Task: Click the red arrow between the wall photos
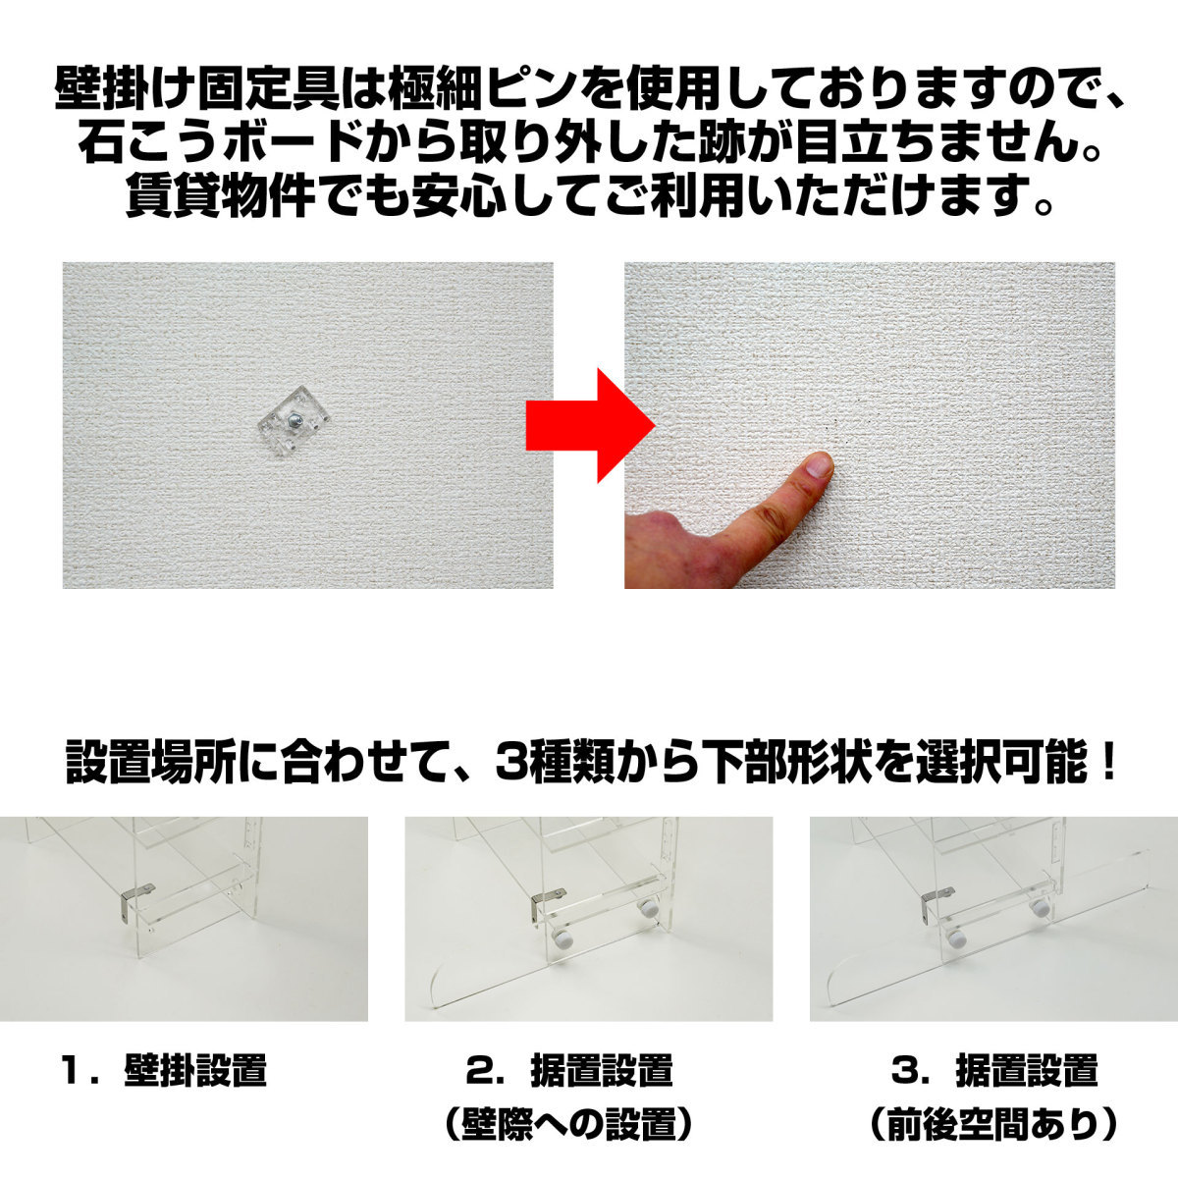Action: (590, 425)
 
